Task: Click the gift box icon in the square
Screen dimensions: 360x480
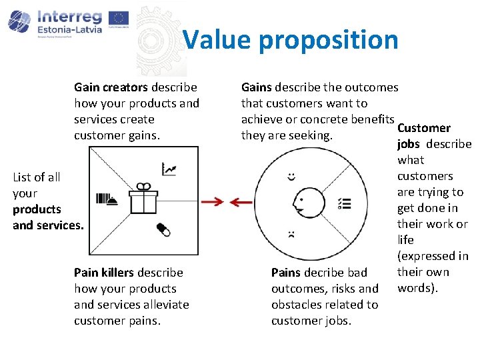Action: click(x=143, y=198)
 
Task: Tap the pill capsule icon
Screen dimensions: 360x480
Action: click(x=163, y=229)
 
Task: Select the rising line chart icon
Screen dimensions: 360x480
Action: click(x=169, y=169)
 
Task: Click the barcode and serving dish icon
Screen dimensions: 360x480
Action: click(x=107, y=198)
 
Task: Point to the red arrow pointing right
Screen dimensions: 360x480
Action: click(x=213, y=201)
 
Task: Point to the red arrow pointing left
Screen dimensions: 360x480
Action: click(x=241, y=201)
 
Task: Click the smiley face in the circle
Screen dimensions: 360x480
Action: click(x=291, y=177)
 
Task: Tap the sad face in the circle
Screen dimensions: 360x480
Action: click(x=291, y=234)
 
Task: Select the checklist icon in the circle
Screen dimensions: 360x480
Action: click(x=345, y=203)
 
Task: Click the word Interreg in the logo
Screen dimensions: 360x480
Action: click(x=69, y=16)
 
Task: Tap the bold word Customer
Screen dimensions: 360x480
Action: click(x=424, y=128)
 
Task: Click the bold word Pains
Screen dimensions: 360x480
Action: click(x=286, y=273)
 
